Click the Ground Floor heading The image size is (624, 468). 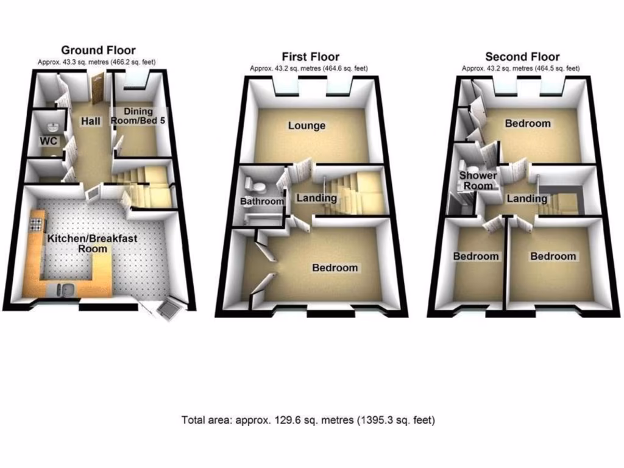[x=97, y=50]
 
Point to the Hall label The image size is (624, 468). [x=91, y=122]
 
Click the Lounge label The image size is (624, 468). [x=307, y=126]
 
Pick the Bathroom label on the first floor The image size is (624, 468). [x=262, y=201]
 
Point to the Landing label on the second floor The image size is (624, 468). [x=527, y=199]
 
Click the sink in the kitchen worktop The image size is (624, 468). [x=63, y=289]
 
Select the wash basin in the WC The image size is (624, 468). [x=52, y=127]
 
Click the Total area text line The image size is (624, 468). [x=308, y=420]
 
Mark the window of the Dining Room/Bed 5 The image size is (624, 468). [x=138, y=78]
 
